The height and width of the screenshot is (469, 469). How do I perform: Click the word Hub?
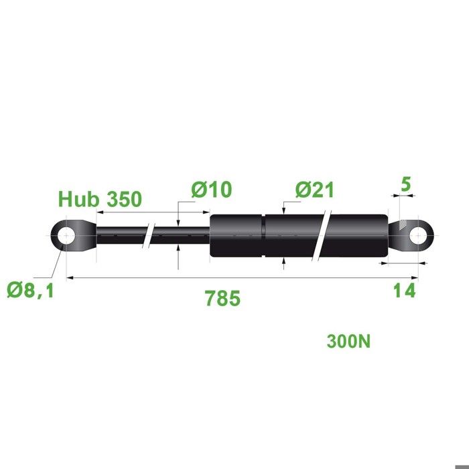coord(75,199)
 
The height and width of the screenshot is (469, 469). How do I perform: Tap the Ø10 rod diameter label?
coord(211,190)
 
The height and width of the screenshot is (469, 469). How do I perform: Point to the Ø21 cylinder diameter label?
coord(314,190)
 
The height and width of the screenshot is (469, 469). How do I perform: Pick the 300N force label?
coord(348,341)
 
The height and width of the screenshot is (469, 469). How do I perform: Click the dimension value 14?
coord(404,291)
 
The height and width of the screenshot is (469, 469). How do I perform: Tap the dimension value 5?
coord(405,182)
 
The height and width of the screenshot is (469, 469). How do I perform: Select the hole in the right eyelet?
coord(418,236)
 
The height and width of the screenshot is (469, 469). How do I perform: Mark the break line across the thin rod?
coord(150,236)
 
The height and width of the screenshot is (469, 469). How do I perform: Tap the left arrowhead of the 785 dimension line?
coord(70,277)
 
